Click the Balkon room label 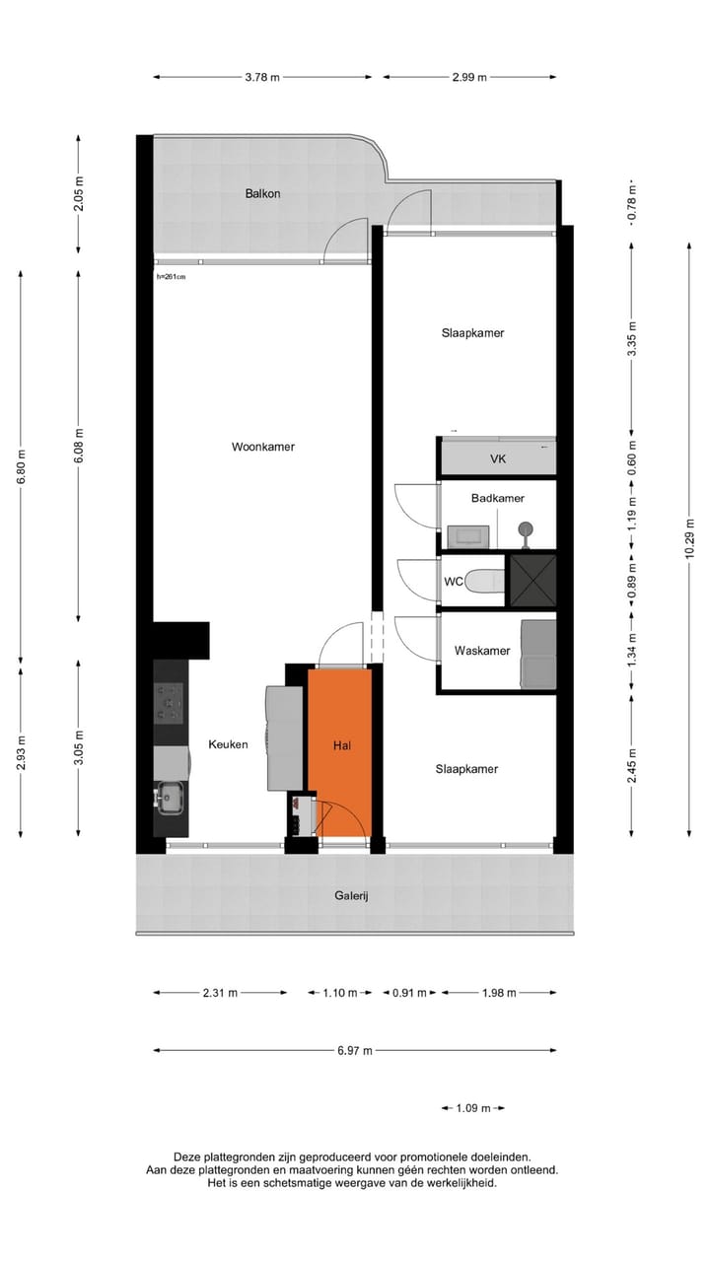262,193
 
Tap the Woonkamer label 263,447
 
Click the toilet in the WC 482,582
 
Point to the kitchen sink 169,797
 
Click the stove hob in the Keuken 169,703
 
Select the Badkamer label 497,499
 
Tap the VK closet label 498,459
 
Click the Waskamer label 481,651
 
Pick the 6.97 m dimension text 355,1051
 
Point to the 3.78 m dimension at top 262,77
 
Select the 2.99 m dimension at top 469,77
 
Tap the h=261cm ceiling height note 171,277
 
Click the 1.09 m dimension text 473,1108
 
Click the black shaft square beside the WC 532,581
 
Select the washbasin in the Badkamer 466,535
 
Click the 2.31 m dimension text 220,993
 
